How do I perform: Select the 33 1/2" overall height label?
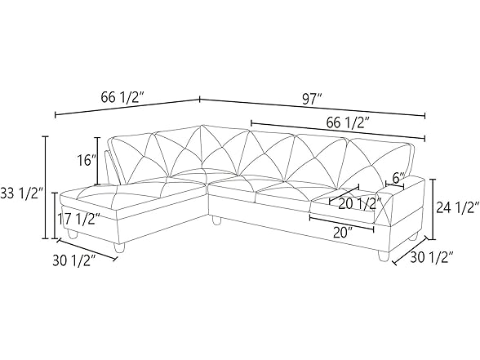pos(20,193)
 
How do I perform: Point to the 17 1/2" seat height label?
pos(79,219)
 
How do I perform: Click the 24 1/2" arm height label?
pos(455,207)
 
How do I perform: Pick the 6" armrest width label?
pos(398,178)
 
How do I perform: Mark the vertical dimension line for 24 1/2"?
pos(431,207)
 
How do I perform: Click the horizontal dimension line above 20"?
pos(342,219)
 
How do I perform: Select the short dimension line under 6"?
pos(397,187)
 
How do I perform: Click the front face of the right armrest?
pos(405,214)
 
